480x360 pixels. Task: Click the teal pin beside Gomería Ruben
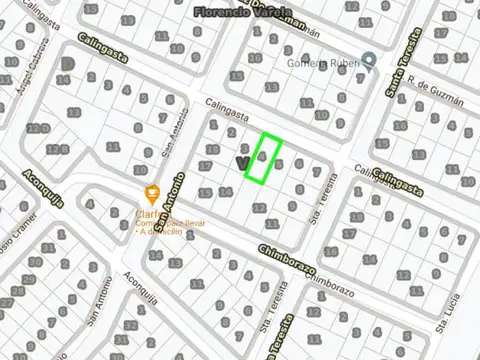[x=369, y=63]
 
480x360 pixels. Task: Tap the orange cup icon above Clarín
[x=151, y=192]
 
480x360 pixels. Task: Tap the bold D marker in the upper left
[x=67, y=64]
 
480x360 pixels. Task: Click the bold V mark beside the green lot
[x=240, y=161]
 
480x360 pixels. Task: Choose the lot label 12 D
[x=39, y=128]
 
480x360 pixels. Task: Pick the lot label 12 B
[x=59, y=150]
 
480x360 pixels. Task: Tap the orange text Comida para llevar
[x=171, y=222]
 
